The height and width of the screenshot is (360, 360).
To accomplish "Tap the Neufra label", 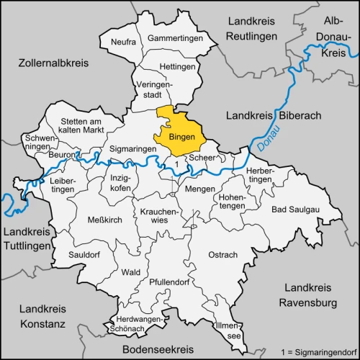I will click(123, 42).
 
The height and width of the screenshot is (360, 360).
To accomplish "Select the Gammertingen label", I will click(172, 37).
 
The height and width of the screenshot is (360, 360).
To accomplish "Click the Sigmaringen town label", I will click(132, 148).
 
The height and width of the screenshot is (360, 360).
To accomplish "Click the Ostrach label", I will click(222, 255).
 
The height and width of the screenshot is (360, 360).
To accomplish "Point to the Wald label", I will click(130, 272).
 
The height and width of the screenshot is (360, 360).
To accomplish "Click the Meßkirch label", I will click(104, 220).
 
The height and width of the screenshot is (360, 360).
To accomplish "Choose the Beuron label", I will click(63, 156).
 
